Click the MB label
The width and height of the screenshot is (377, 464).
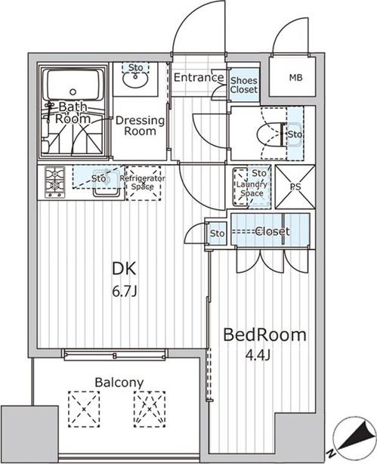point(295,78)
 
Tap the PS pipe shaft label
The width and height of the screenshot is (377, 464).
point(295,187)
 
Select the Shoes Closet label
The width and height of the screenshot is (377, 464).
point(244,85)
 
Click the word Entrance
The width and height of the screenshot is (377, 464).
point(199,78)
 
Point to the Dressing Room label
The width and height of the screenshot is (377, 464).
point(140,125)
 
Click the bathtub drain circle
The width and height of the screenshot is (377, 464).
point(73,91)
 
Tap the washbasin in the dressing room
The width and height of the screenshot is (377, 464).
point(135,79)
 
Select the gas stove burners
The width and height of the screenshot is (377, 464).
point(55,181)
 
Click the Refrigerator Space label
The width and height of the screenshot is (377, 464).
point(143,183)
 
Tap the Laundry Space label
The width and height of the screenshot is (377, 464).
point(252,189)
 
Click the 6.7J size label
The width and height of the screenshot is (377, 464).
point(125,292)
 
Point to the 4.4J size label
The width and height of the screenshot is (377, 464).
point(258,355)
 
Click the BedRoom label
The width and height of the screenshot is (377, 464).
point(264,335)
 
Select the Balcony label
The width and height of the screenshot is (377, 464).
point(119,382)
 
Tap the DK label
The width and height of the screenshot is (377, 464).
point(125,269)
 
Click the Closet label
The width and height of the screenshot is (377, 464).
point(272,231)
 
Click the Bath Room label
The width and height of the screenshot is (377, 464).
point(73,113)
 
